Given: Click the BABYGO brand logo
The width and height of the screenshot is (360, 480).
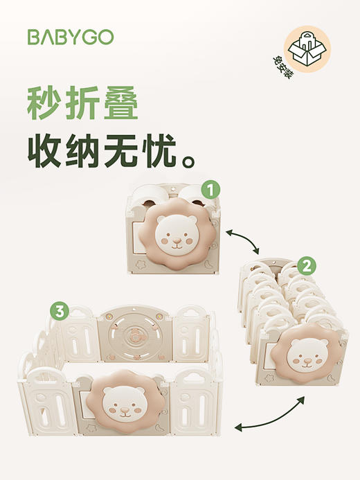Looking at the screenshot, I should click(x=70, y=37).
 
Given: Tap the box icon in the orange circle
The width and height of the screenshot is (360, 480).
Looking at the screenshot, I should click(x=307, y=48).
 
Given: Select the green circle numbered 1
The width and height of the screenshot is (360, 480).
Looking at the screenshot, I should click(x=210, y=188).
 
